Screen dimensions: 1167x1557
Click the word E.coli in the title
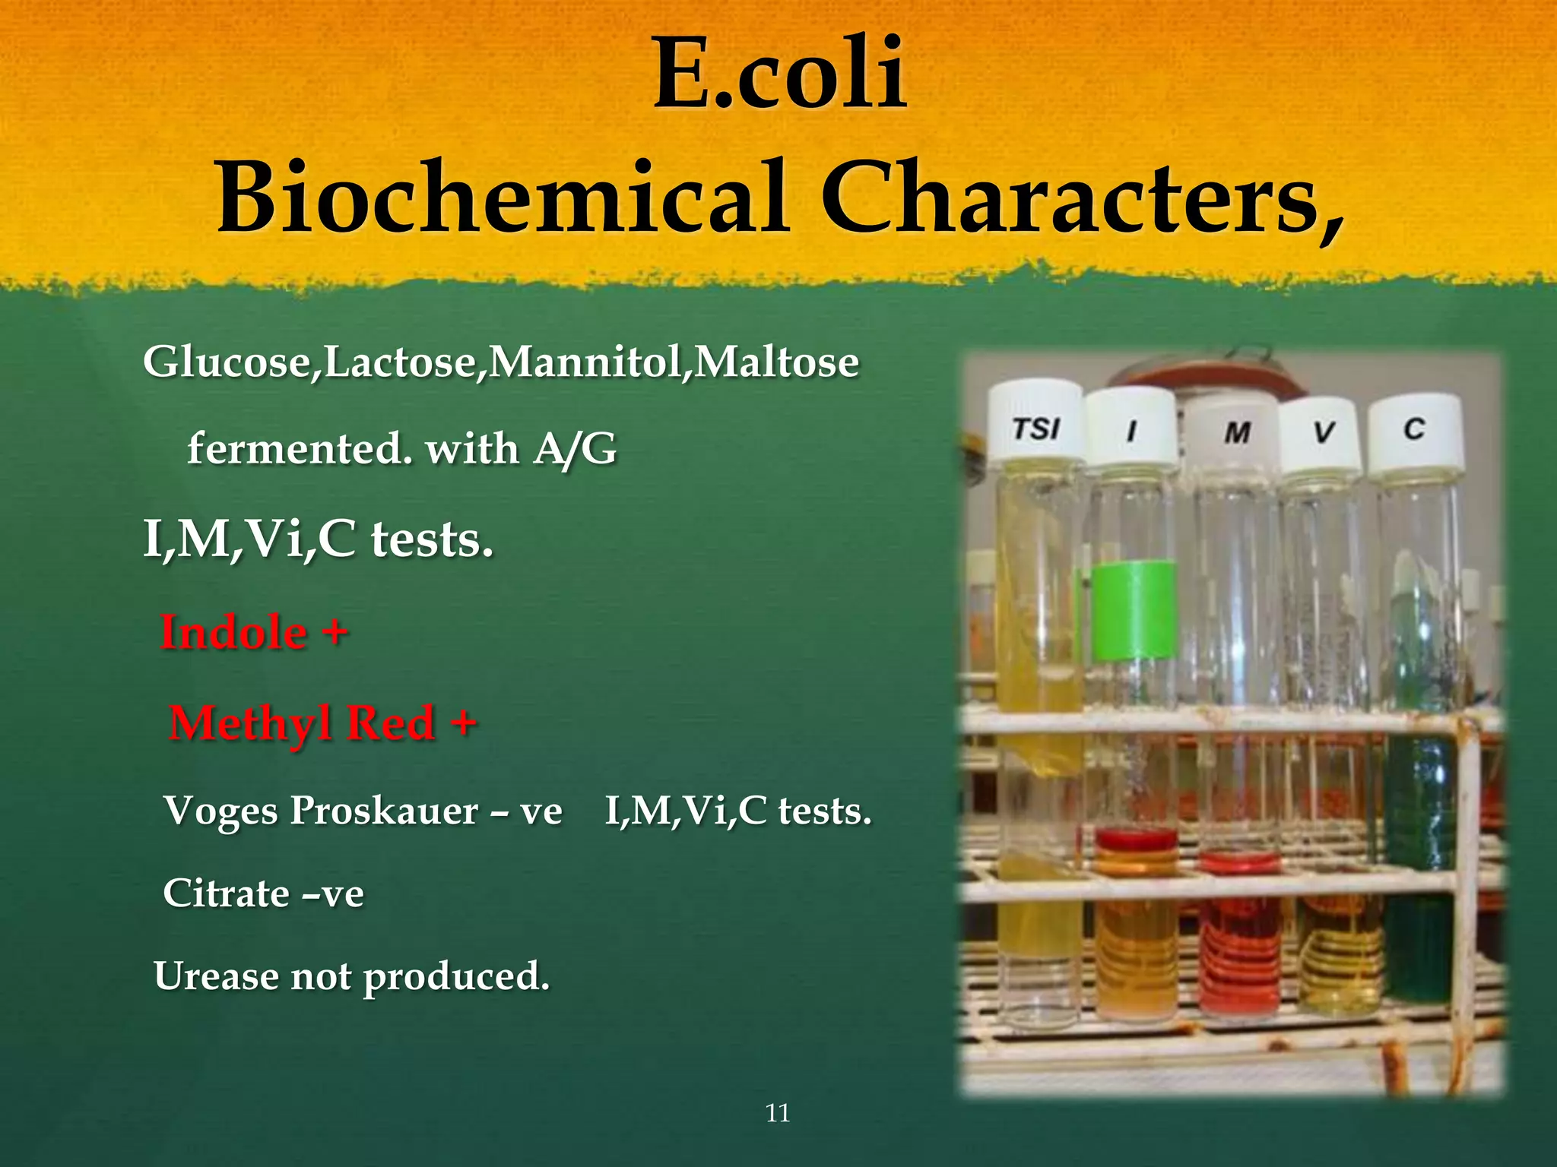[779, 74]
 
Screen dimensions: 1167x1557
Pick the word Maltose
[776, 362]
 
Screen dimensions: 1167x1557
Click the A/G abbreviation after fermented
[575, 449]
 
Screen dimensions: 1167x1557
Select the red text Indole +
[254, 633]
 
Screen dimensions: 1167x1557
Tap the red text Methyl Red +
[322, 723]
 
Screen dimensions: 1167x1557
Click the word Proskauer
[384, 811]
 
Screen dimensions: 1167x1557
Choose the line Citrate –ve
[263, 893]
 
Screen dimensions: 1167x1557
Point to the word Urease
[216, 976]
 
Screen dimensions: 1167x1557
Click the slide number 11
[778, 1114]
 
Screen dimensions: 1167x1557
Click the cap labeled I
[1130, 429]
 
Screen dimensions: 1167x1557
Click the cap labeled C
[1413, 430]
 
